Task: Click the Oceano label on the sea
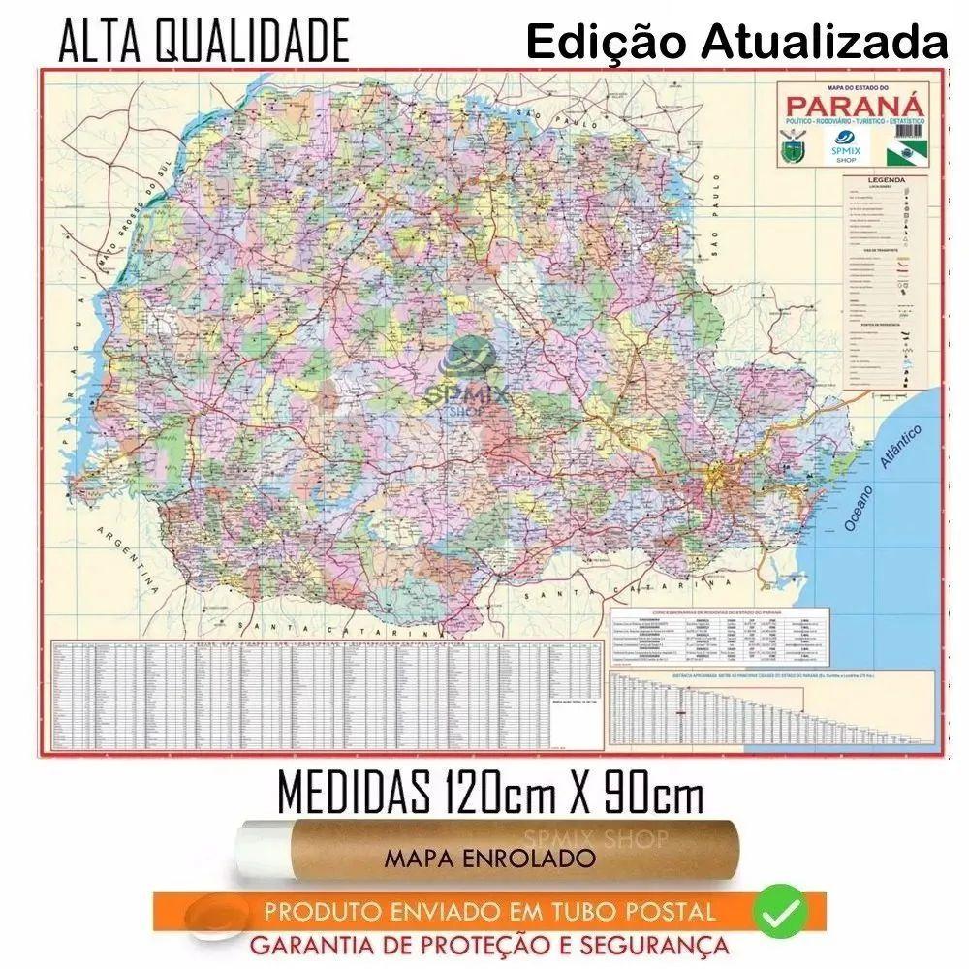(859, 506)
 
